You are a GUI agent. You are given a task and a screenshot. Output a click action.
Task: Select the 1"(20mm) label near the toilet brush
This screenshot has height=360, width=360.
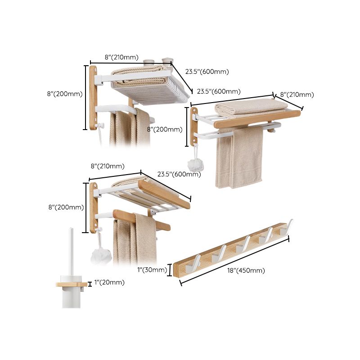point(110,283)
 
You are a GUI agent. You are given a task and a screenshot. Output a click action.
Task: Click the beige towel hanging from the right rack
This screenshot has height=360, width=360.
point(239,157)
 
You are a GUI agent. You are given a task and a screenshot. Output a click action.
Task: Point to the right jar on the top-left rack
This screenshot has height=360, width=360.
point(167,60)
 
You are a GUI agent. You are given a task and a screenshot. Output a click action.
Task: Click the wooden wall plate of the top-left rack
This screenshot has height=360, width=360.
point(93,97)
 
